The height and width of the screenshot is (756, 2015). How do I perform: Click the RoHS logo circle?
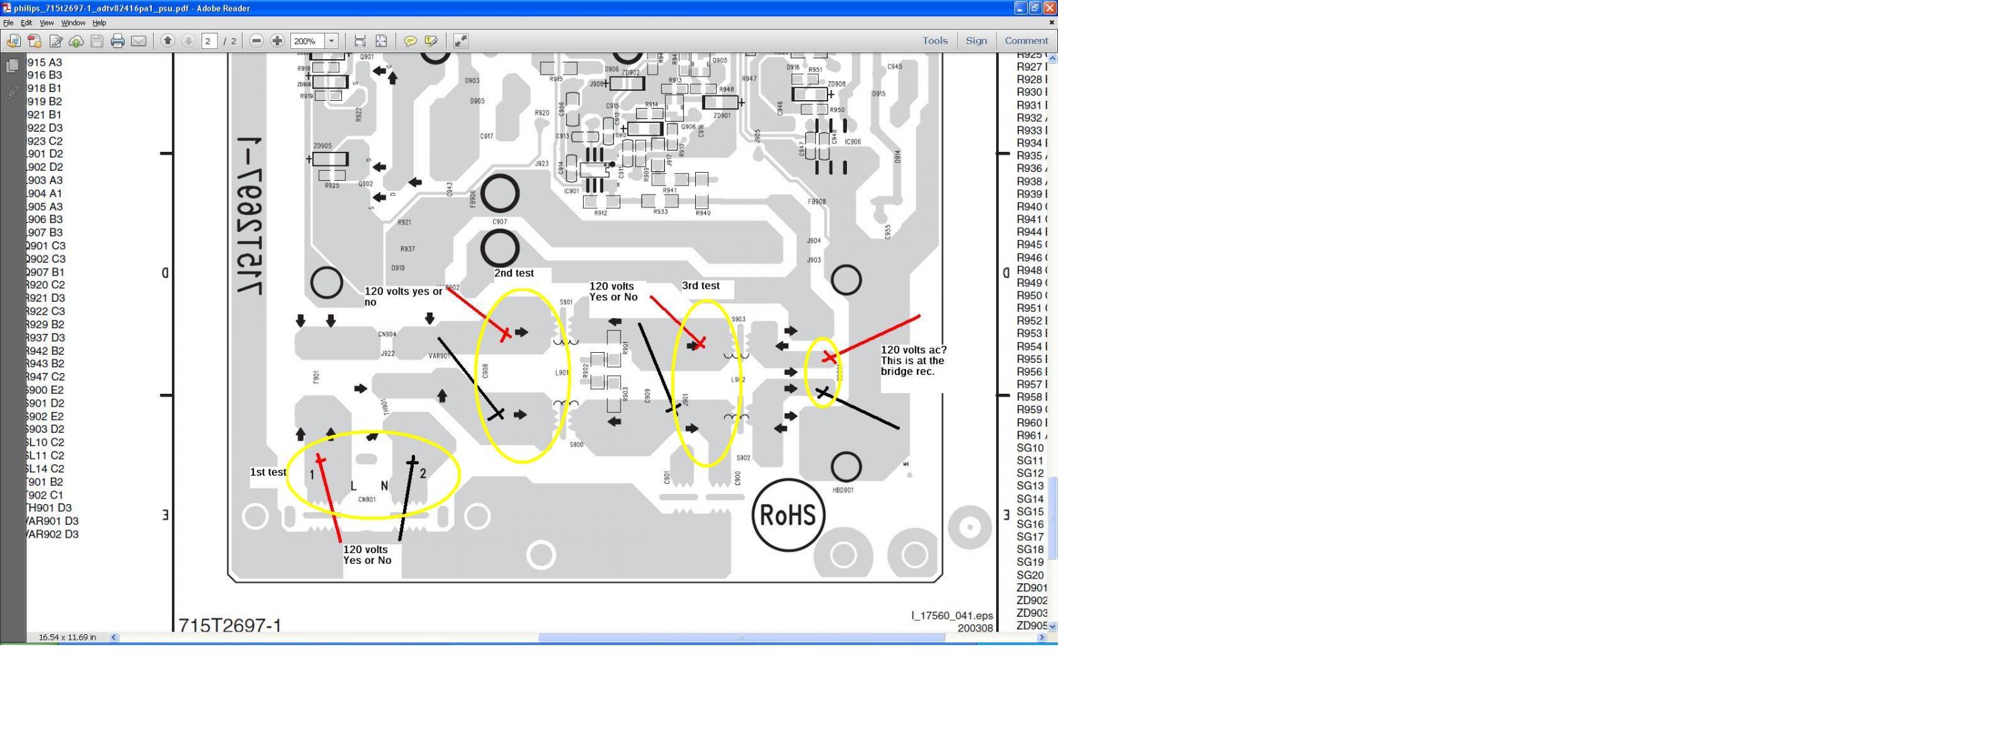coord(788,515)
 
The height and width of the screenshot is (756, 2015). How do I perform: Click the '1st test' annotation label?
coord(267,472)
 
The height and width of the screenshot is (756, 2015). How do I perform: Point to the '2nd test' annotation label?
coord(514,273)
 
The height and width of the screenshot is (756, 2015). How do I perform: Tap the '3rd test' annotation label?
coord(700,286)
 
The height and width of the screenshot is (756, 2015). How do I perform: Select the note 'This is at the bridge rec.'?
coord(912,366)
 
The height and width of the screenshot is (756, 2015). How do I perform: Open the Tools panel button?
coord(935,41)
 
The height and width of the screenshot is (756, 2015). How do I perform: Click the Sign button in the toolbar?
coord(975,41)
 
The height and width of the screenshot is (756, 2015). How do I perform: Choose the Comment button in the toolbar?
coord(1026,41)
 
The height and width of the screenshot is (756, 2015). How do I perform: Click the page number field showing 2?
coord(209,41)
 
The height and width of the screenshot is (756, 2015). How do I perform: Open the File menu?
coord(9,23)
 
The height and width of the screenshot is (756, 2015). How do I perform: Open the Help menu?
coord(99,23)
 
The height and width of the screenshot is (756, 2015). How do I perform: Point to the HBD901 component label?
coord(842,491)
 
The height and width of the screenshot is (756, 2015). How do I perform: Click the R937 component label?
coord(408,249)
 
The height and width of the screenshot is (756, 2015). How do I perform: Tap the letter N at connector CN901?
coord(384,486)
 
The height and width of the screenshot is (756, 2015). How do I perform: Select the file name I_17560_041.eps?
coord(951,615)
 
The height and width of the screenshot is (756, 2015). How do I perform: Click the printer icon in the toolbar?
coord(118,41)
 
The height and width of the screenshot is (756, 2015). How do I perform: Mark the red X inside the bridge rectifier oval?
coord(829,358)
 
